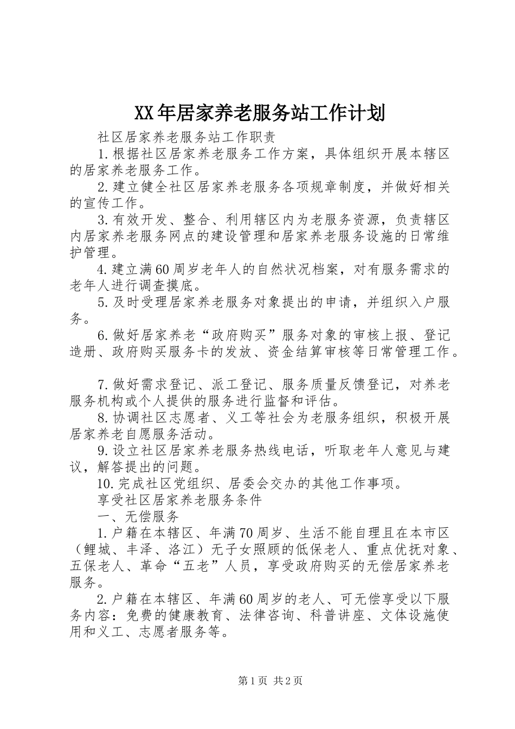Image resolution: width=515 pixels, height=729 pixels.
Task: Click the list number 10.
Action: pyautogui.click(x=104, y=484)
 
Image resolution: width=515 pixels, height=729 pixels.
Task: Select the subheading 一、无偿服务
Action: pyautogui.click(x=138, y=516)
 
